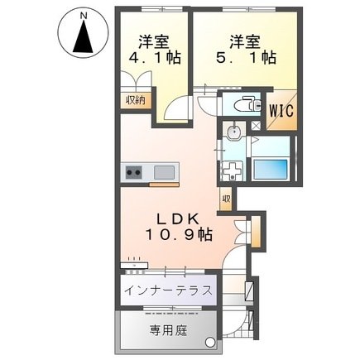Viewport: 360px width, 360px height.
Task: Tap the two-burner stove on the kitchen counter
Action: click(x=134, y=173)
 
